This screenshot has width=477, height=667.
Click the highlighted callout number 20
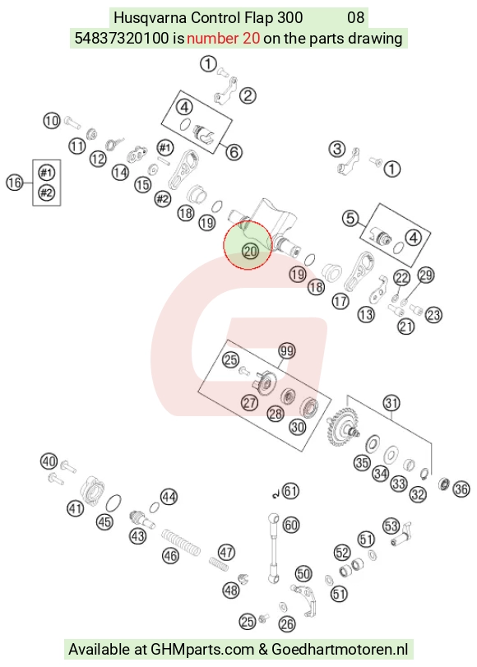(250, 251)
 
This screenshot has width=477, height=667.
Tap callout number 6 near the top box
(234, 152)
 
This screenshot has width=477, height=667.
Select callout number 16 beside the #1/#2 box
(15, 183)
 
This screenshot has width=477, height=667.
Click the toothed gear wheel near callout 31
(341, 427)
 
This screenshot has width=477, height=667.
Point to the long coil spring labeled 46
(181, 542)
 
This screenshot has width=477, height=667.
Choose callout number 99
(287, 351)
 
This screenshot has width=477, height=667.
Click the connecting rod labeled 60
(273, 549)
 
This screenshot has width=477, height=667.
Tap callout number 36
(461, 489)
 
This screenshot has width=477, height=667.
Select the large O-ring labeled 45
(113, 503)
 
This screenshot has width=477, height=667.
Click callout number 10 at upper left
(52, 121)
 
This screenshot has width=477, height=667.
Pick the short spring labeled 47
(219, 563)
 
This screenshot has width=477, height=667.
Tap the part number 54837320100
(122, 39)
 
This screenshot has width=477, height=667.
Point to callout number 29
(426, 275)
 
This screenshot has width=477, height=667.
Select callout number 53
(391, 526)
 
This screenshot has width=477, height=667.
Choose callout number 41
(76, 508)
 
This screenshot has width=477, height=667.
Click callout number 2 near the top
(248, 95)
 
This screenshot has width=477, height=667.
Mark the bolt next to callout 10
(72, 123)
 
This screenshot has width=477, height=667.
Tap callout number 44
(169, 497)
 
